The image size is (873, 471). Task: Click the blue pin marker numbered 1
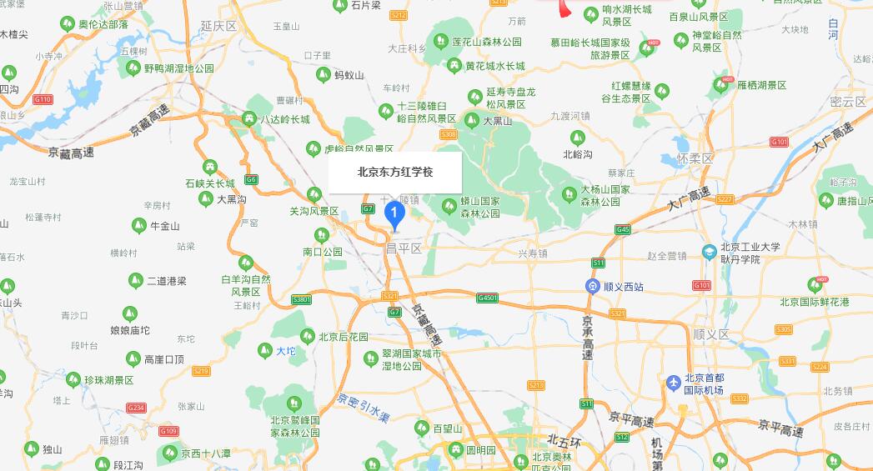pyautogui.click(x=394, y=214)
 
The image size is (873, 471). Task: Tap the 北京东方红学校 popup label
pyautogui.click(x=395, y=173)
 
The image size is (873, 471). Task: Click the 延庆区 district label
pyautogui.click(x=218, y=26)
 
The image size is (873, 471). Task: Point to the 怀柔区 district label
pyautogui.click(x=696, y=158)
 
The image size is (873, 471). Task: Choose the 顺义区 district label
pyautogui.click(x=711, y=334)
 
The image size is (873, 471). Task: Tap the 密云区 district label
pyautogui.click(x=848, y=102)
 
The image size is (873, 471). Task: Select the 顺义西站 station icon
pyautogui.click(x=591, y=287)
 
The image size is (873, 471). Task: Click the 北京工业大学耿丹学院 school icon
pyautogui.click(x=709, y=251)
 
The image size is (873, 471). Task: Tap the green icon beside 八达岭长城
pyautogui.click(x=249, y=119)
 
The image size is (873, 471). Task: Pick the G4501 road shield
pyautogui.click(x=487, y=298)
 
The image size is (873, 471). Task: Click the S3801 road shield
pyautogui.click(x=301, y=298)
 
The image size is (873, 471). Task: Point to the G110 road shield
pyautogui.click(x=43, y=99)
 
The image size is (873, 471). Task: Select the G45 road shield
pyautogui.click(x=623, y=229)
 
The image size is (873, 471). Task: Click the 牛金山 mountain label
pyautogui.click(x=164, y=225)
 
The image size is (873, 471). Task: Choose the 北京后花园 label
pyautogui.click(x=343, y=337)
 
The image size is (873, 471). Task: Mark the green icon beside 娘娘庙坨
pyautogui.click(x=129, y=313)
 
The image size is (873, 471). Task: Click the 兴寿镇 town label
pyautogui.click(x=533, y=253)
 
